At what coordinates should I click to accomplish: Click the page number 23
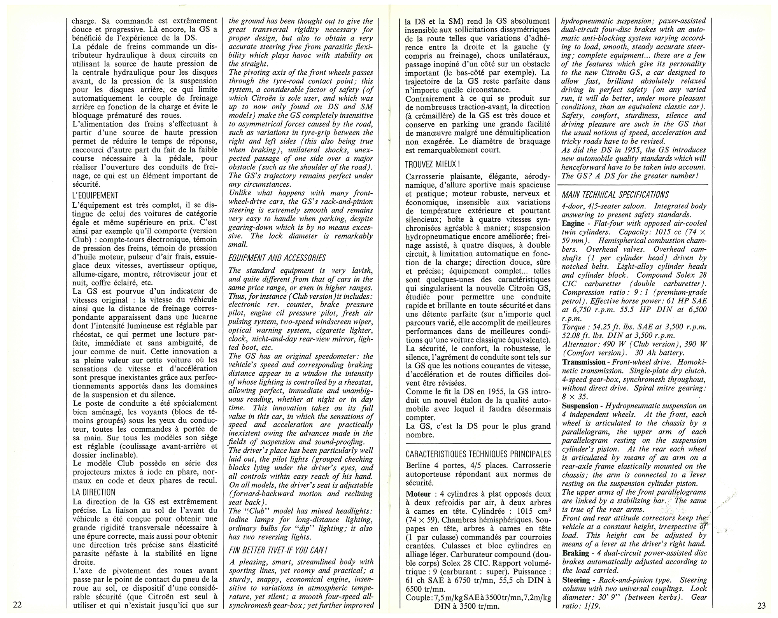tap(762, 605)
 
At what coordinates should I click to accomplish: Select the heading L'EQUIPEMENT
tap(95, 195)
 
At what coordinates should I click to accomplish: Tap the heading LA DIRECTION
tap(94, 492)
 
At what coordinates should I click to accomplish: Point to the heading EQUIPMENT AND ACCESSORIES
tap(277, 258)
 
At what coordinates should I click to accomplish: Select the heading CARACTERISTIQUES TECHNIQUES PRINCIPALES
tap(478, 454)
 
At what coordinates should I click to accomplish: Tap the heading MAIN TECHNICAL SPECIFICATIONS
tap(615, 194)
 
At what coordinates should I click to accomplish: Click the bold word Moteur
tap(418, 494)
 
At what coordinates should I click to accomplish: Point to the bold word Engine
tap(573, 223)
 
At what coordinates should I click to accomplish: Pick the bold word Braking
tap(575, 553)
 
